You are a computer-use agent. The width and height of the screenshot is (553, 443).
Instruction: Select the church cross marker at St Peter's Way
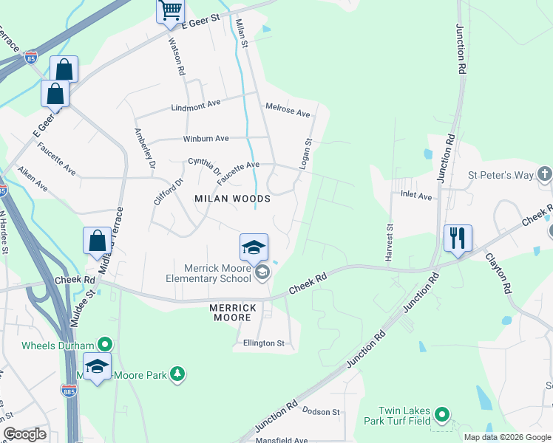coord(544,175)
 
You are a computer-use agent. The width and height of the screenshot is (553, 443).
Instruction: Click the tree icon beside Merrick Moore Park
coord(177,375)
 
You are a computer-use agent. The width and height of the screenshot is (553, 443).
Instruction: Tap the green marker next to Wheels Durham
coord(105,345)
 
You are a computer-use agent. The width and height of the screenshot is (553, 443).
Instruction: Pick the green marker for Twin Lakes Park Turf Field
coord(441,416)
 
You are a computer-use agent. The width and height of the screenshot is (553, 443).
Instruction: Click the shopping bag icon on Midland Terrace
coord(97,241)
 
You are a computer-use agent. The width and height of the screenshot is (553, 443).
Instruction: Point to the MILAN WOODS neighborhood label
coord(232,199)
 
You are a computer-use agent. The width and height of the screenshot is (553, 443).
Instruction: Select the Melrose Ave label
coord(288,112)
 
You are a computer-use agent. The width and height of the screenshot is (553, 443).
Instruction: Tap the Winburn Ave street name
coord(206,138)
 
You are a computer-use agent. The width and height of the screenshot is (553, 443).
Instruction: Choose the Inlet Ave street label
coord(415,196)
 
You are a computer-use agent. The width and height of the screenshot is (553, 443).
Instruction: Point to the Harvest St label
coord(389,241)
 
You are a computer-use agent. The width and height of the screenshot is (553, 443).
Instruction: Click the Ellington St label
coord(264,343)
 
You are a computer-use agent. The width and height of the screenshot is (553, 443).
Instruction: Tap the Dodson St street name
coord(320,412)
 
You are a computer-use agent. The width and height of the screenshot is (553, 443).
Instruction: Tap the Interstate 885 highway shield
coord(69,391)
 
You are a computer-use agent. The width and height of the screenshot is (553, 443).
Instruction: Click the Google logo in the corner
coord(24,434)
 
